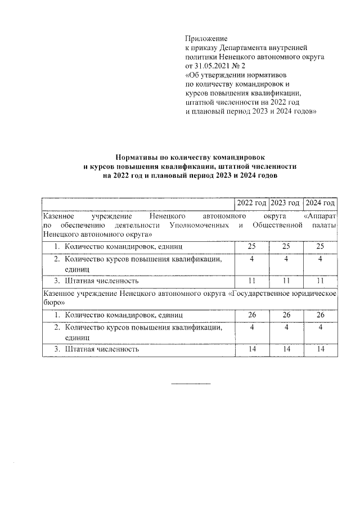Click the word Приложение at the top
(x=206, y=38)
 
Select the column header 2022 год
(x=250, y=203)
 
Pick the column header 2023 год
(x=285, y=203)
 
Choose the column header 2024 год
(x=320, y=203)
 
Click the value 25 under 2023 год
(x=286, y=246)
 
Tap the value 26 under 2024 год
(x=321, y=314)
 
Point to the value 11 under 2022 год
(x=251, y=280)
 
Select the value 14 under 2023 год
(x=286, y=349)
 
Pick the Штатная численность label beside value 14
(x=102, y=349)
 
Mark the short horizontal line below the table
(x=190, y=384)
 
